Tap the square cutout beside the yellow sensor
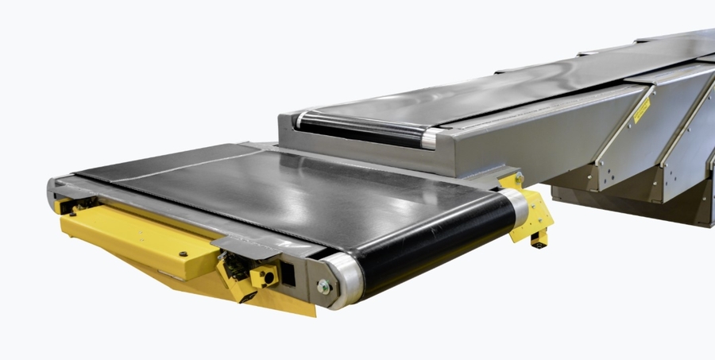point(288,274)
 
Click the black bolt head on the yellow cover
point(184,253)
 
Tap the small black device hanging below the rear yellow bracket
point(540,238)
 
